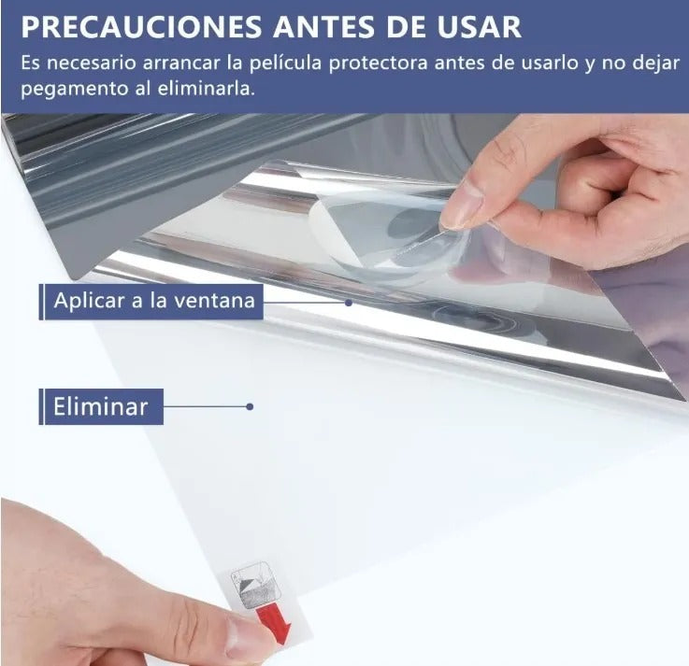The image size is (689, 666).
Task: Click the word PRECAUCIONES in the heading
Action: pyautogui.click(x=141, y=27)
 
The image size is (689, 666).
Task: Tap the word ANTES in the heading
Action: pyautogui.click(x=323, y=27)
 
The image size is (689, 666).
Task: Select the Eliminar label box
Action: pyautogui.click(x=101, y=406)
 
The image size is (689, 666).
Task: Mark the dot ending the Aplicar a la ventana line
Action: pyautogui.click(x=349, y=303)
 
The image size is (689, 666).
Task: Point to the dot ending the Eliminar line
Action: pyautogui.click(x=250, y=407)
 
